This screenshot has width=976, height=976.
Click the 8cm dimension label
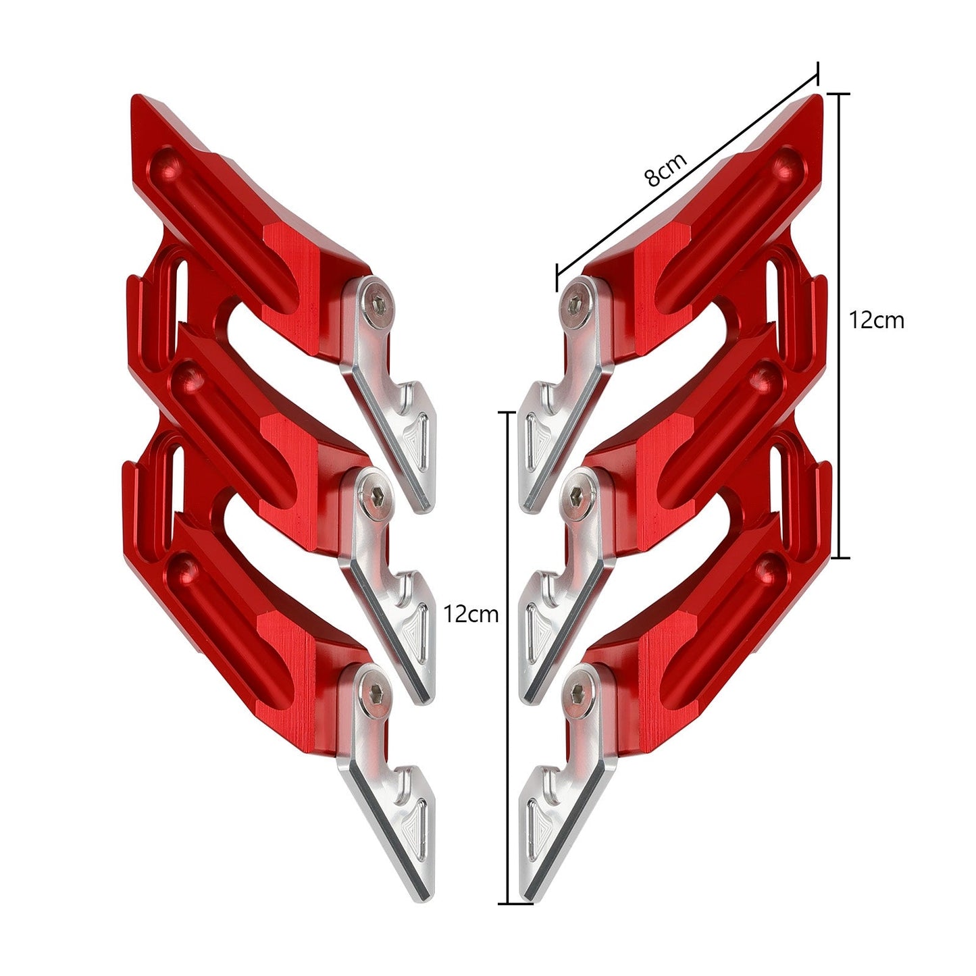point(665,170)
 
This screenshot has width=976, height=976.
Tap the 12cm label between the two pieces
point(471,614)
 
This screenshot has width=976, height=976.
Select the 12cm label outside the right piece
point(876,319)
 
